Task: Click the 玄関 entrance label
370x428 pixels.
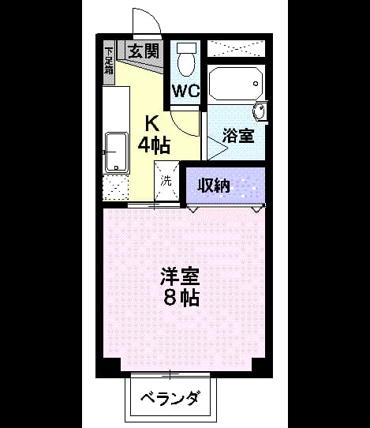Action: [144, 51]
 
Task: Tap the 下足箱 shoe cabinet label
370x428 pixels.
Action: [109, 61]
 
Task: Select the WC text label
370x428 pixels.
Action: [186, 91]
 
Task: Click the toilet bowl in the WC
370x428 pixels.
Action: [186, 64]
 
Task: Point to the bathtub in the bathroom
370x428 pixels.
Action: [236, 84]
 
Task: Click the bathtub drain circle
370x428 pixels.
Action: [256, 84]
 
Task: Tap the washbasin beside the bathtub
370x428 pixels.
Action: [259, 111]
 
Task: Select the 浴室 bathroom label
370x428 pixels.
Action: [238, 136]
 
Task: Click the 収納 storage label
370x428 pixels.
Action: [214, 186]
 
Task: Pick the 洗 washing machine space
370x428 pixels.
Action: [166, 181]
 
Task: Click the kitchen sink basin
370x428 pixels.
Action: [117, 152]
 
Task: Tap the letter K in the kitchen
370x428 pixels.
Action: [152, 124]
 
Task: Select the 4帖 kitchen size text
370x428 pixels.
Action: [154, 145]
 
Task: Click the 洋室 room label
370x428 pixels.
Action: [180, 276]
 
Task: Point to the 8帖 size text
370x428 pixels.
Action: [181, 298]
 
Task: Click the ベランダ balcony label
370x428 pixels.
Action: [170, 400]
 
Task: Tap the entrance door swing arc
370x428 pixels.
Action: [153, 16]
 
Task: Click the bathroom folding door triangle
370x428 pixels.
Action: [218, 148]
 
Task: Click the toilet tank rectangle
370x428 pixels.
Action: [186, 48]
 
